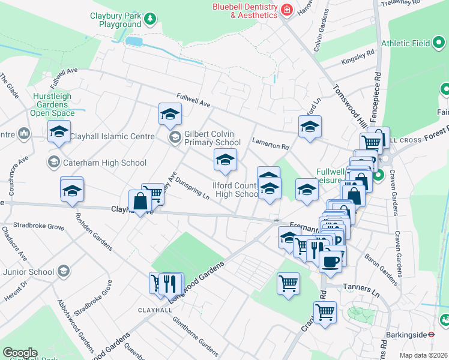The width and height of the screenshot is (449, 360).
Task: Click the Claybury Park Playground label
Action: pyautogui.click(x=116, y=20)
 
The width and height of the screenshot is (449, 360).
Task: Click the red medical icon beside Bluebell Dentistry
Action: pyautogui.click(x=287, y=10)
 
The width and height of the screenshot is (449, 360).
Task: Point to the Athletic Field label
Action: pyautogui.click(x=406, y=43)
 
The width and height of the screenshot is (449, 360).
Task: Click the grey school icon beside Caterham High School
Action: pyautogui.click(x=53, y=162)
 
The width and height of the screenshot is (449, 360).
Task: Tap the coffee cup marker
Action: pyautogui.click(x=330, y=260)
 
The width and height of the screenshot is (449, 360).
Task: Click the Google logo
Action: pyautogui.click(x=20, y=353)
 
